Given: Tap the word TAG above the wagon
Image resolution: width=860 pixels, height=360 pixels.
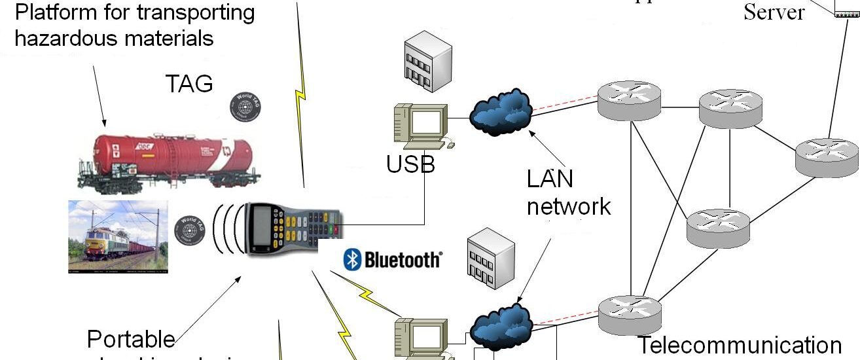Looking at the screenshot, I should (x=189, y=83).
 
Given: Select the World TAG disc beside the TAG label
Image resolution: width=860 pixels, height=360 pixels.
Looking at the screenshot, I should (x=243, y=106).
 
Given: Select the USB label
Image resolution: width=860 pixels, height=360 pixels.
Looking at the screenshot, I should (x=410, y=164).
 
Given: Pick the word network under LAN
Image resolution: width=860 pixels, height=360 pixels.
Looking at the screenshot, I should (x=569, y=206).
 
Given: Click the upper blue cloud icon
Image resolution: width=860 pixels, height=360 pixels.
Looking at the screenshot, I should (x=501, y=112).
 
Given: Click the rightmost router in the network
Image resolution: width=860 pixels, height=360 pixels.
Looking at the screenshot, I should (x=826, y=158).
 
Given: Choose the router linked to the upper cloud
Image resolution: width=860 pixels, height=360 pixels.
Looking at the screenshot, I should (x=630, y=100).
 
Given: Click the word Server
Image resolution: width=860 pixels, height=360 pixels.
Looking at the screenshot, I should (x=774, y=12).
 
